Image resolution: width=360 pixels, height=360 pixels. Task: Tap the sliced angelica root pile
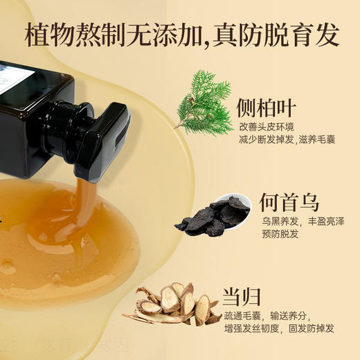[x=174, y=305]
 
